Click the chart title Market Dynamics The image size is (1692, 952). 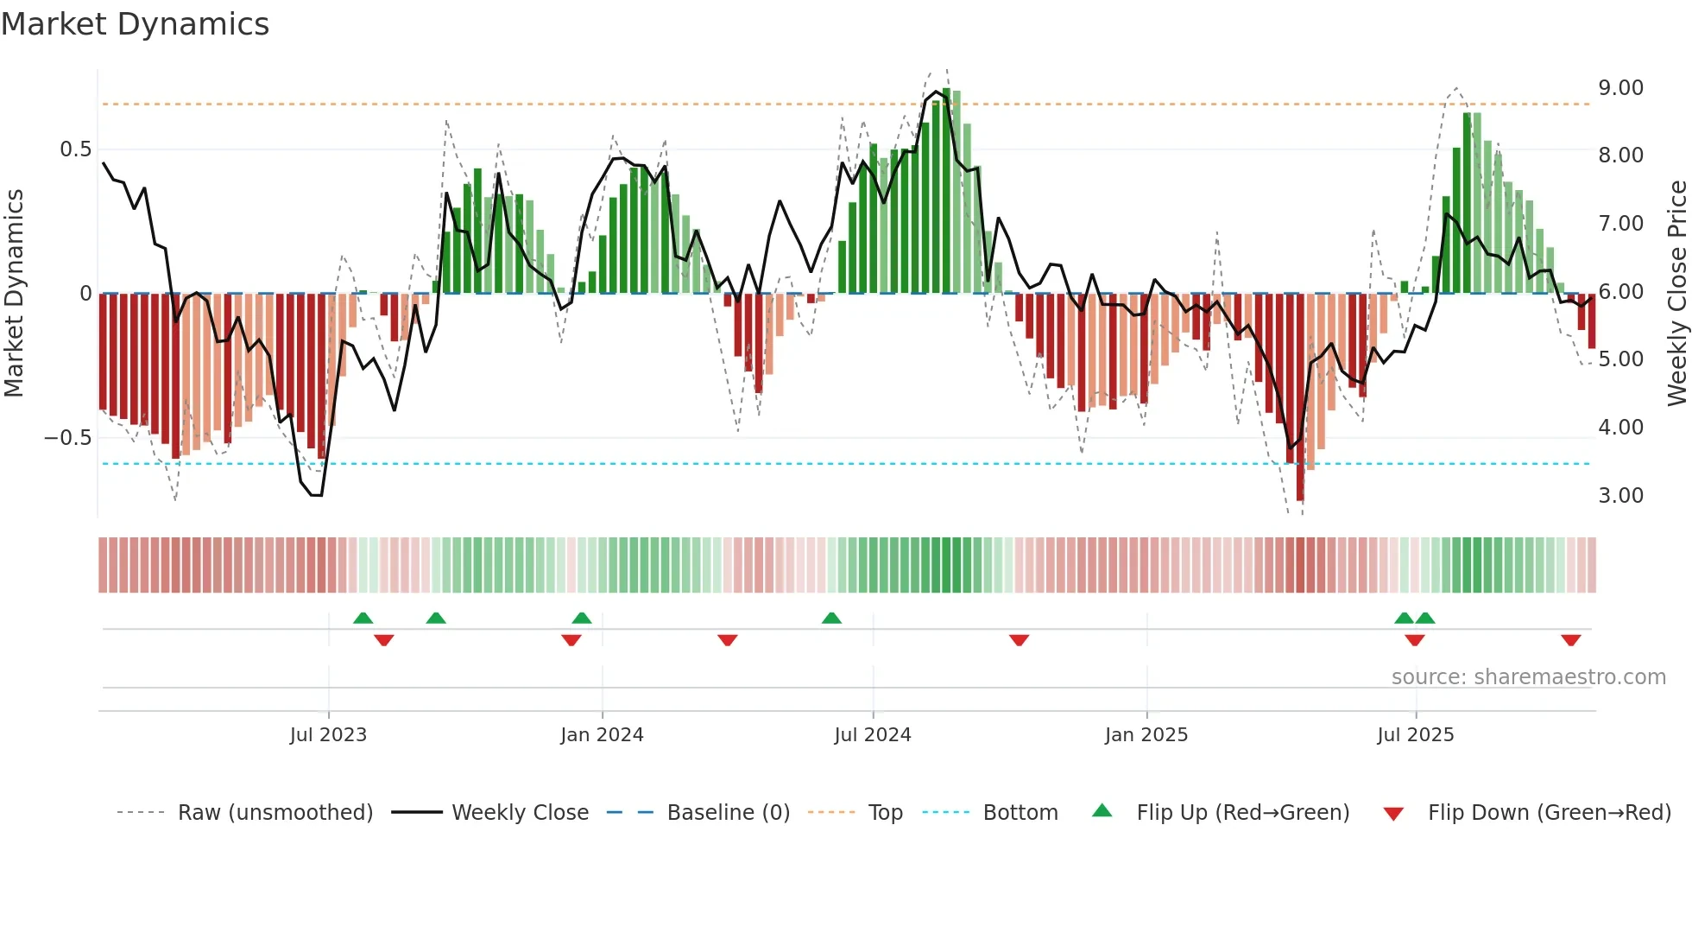point(135,24)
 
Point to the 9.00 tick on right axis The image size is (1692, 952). point(1620,88)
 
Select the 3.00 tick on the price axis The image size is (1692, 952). point(1620,496)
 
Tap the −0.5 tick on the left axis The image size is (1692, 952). point(68,438)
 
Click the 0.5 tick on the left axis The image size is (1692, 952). point(75,149)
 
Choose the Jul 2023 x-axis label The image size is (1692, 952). point(328,735)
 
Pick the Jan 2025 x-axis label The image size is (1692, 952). point(1146,735)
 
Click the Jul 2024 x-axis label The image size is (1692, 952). point(873,735)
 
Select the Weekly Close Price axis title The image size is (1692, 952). point(1676,294)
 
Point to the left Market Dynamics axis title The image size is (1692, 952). point(14,294)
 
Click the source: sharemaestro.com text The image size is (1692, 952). point(1528,677)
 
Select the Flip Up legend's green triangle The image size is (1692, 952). point(1102,811)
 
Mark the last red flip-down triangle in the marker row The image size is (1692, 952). point(1570,640)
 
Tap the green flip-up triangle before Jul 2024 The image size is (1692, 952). point(831,619)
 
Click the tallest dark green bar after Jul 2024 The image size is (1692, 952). point(946,190)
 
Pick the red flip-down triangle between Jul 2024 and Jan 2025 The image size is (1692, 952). point(1019,640)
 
